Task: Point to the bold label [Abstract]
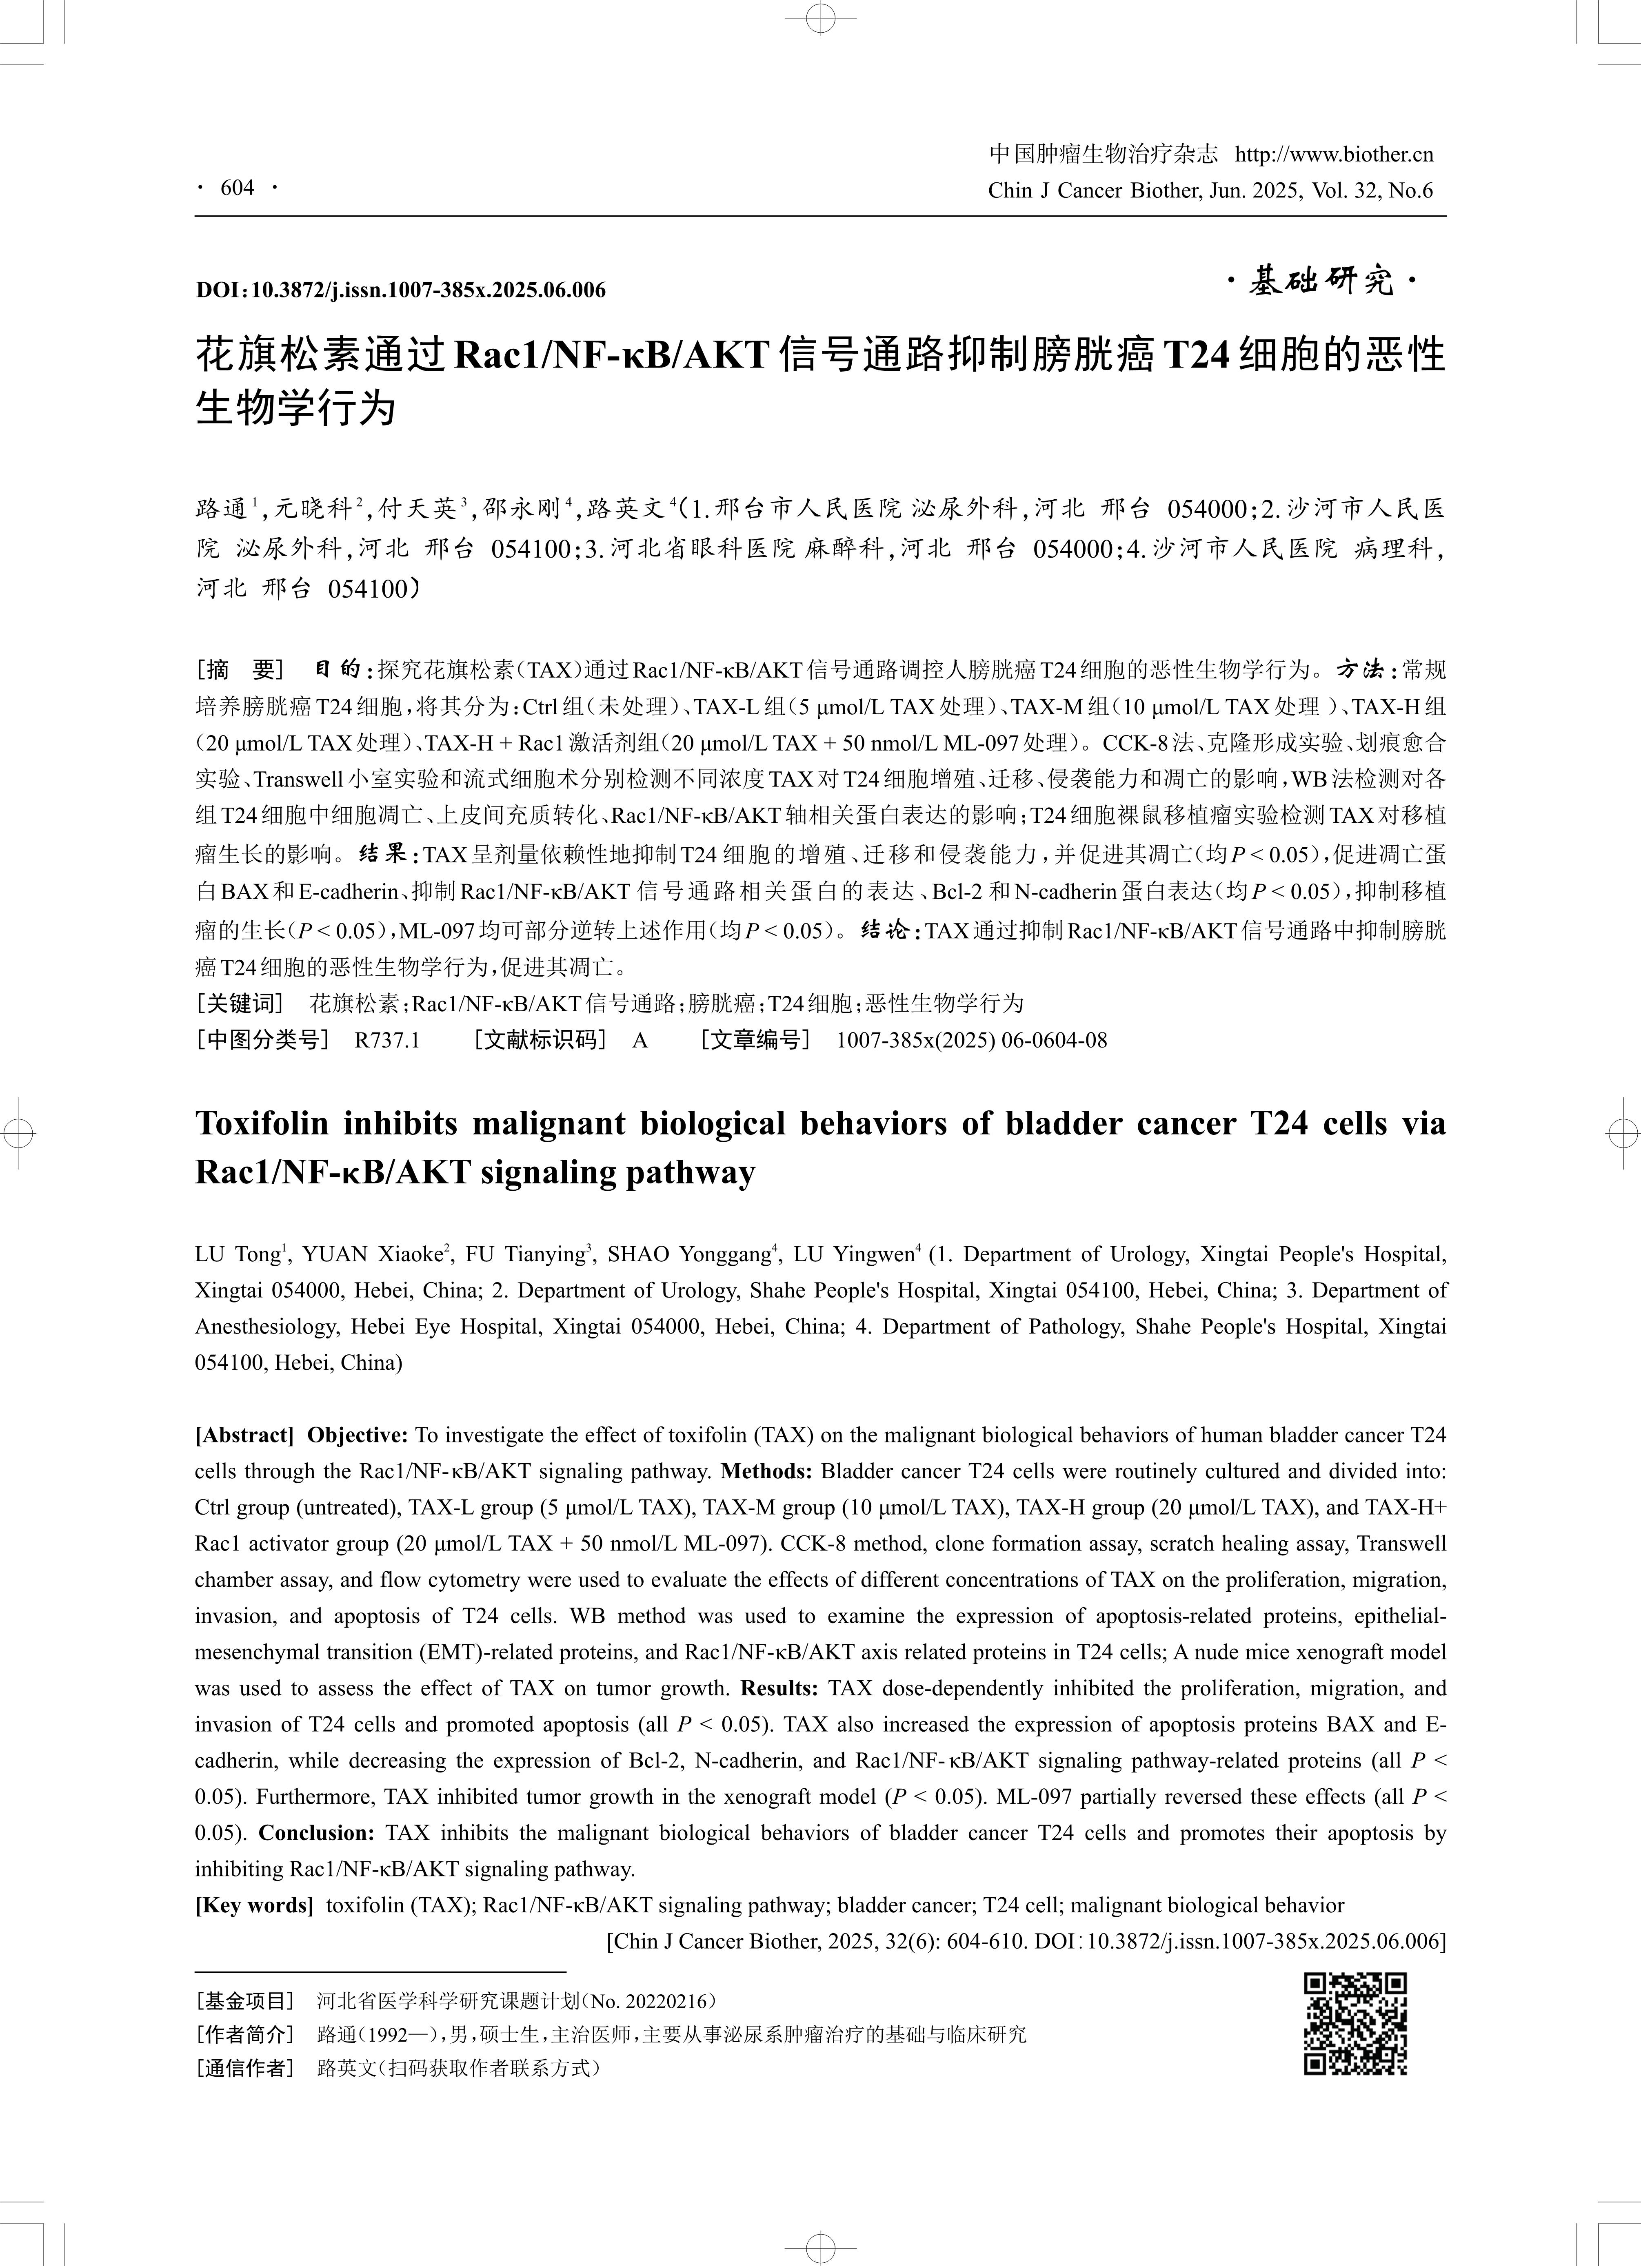(x=244, y=1435)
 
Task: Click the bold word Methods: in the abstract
(x=766, y=1471)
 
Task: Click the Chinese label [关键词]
(x=240, y=1003)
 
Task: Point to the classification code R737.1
(x=387, y=1040)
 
